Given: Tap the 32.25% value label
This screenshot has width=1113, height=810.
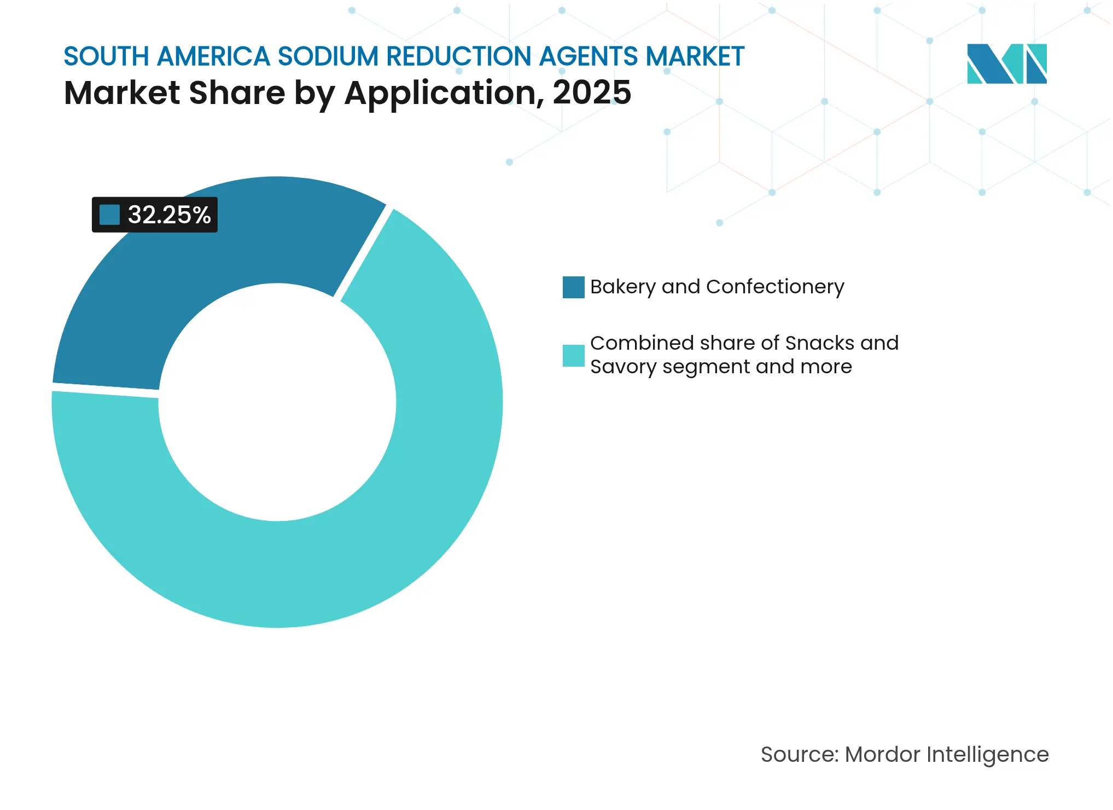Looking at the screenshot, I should [169, 215].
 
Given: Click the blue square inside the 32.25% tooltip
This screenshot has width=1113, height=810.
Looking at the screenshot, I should [109, 215].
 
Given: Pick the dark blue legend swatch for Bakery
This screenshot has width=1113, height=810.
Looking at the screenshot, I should [573, 287].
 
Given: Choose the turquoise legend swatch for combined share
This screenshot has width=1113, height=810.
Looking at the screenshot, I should [573, 355].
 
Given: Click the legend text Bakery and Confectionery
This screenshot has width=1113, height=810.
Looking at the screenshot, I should [716, 287].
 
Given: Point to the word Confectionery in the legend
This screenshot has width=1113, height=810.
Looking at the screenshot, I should [775, 287].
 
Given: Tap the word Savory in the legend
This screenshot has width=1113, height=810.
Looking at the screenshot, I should [623, 367].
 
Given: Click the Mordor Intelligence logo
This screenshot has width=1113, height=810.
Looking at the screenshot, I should [1006, 63].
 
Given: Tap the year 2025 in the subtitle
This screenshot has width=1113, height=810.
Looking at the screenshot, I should [592, 92].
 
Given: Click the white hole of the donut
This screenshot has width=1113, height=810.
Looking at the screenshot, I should [277, 402].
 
